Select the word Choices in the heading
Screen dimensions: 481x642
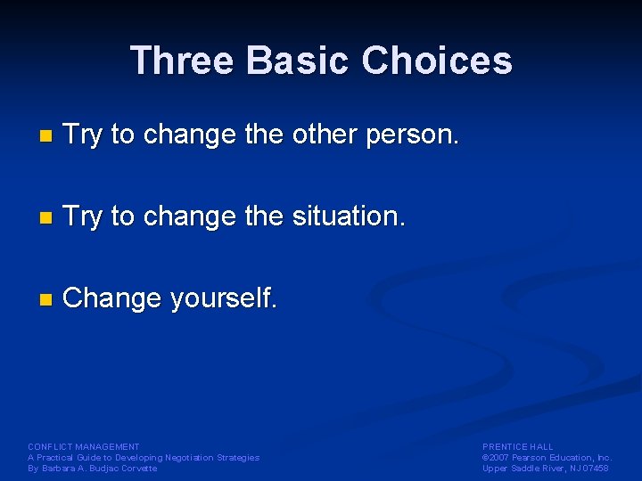[x=437, y=61]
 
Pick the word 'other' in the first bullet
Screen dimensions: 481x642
[x=324, y=135]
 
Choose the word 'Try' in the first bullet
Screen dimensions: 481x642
[x=84, y=135]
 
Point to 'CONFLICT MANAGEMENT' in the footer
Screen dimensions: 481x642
[x=84, y=446]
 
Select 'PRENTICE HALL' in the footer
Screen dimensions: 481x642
[x=518, y=446]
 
